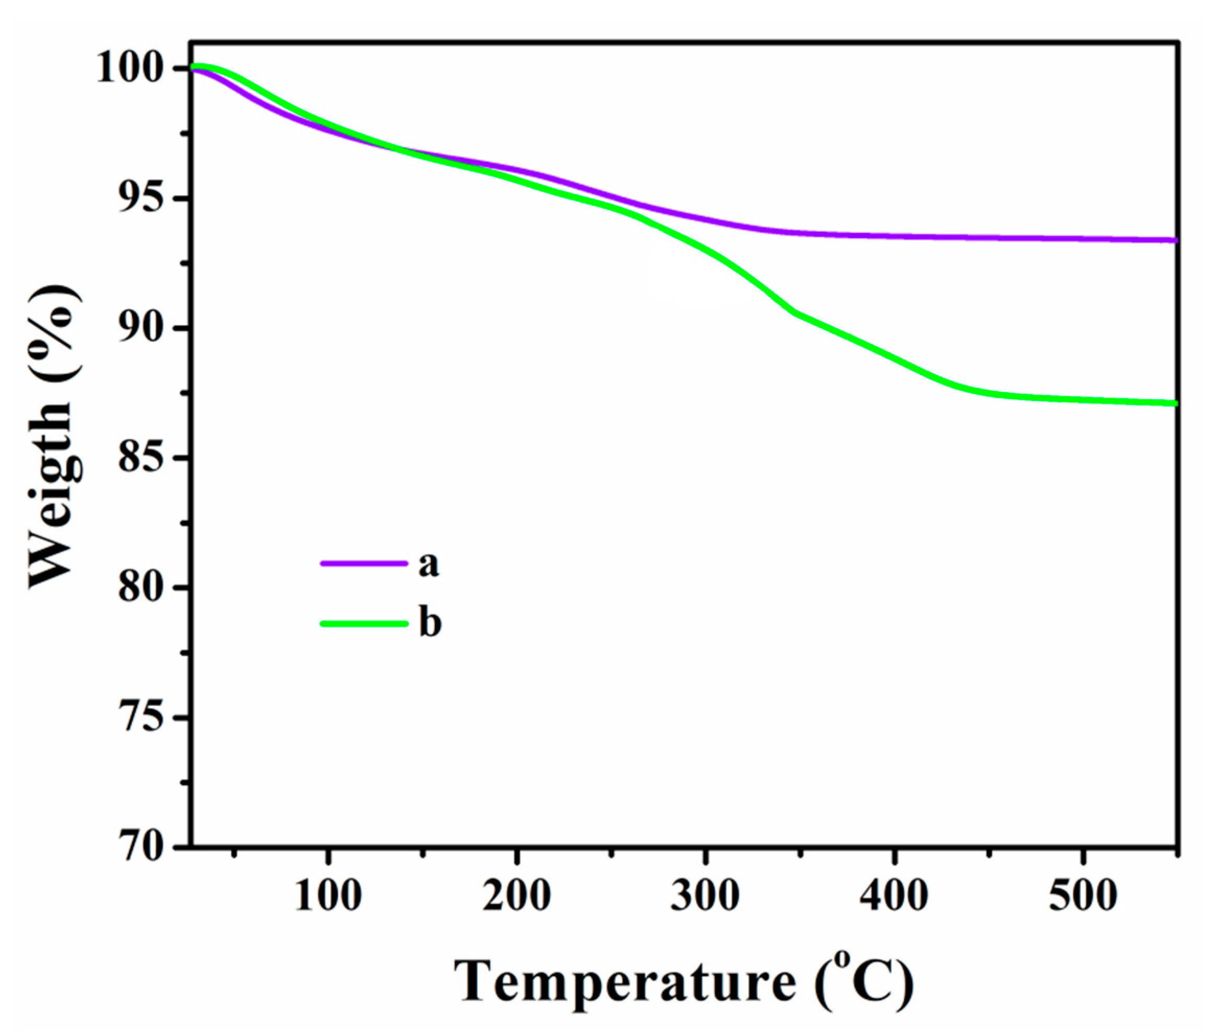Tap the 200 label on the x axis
pyautogui.click(x=517, y=896)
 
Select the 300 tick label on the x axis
pyautogui.click(x=706, y=896)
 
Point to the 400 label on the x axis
pyautogui.click(x=894, y=896)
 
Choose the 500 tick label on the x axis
pyautogui.click(x=1083, y=896)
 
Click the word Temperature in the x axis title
pyautogui.click(x=625, y=982)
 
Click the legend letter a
pyautogui.click(x=429, y=564)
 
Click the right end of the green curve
pyautogui.click(x=1174, y=403)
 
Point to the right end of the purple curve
pyautogui.click(x=1174, y=240)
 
